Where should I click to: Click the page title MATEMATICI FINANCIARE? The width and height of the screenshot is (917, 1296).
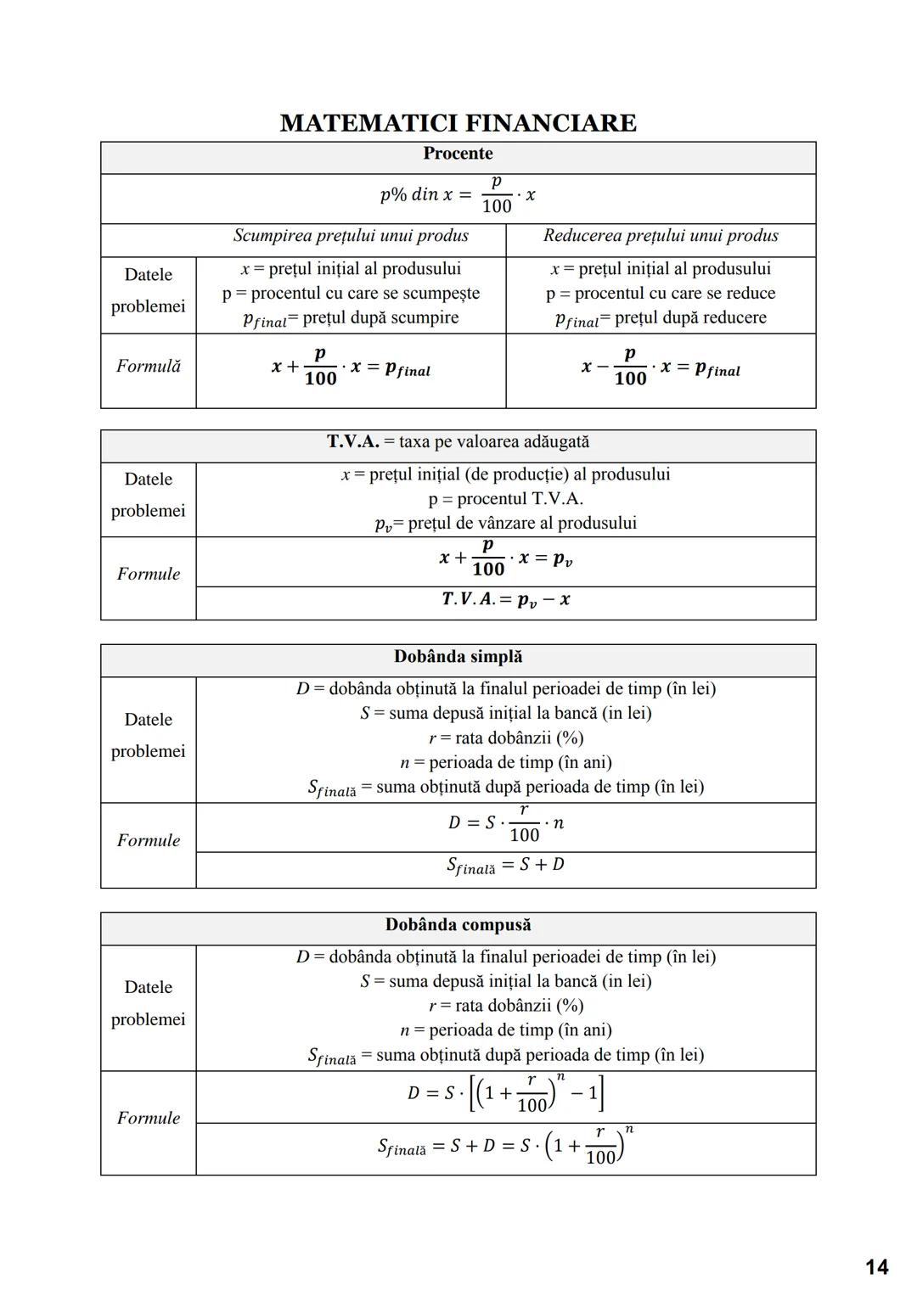[x=458, y=123]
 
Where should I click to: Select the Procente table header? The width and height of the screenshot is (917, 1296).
[x=458, y=154]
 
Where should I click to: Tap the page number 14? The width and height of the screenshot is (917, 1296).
[x=876, y=1267]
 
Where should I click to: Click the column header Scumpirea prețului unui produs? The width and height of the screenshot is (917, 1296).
[x=351, y=236]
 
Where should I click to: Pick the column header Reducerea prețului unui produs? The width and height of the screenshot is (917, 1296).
[x=661, y=236]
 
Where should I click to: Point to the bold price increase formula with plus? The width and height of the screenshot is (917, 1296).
[x=351, y=367]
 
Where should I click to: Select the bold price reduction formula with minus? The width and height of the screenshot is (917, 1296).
[x=661, y=367]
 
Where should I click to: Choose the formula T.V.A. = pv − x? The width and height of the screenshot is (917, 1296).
[x=506, y=600]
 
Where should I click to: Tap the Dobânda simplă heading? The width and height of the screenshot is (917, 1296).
[x=458, y=657]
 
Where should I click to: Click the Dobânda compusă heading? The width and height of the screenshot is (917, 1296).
[x=458, y=925]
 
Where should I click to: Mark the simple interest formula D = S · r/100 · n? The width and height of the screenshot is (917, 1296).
[x=506, y=823]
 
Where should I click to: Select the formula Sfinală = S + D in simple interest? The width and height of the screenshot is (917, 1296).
[x=506, y=866]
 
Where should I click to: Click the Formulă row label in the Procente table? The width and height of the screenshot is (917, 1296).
[x=149, y=367]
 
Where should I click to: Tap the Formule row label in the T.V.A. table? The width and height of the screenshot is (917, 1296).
[x=149, y=575]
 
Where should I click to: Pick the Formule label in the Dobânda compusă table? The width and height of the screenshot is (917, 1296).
[x=149, y=1119]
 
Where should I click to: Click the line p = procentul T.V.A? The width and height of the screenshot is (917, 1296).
[x=506, y=499]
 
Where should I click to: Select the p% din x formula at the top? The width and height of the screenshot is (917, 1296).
[x=458, y=195]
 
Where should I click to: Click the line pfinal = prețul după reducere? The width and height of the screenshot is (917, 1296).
[x=661, y=318]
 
